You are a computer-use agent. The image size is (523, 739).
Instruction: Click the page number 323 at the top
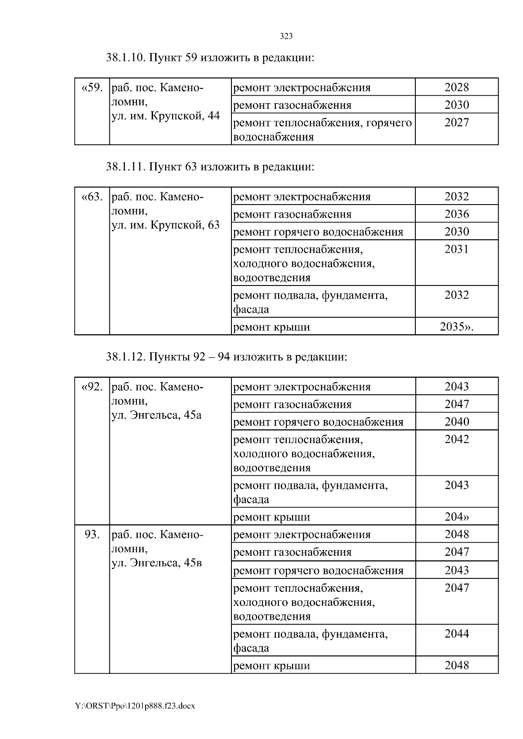(286, 37)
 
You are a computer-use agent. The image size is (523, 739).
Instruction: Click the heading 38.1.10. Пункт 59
(210, 57)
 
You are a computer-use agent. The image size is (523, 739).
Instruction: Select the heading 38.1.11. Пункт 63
(210, 167)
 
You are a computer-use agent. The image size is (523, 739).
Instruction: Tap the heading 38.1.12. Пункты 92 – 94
(226, 357)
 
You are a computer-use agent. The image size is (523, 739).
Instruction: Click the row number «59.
(92, 88)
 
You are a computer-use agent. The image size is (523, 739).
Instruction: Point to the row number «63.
(92, 197)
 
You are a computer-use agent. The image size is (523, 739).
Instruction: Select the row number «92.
(92, 387)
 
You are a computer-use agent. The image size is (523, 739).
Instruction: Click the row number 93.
(92, 534)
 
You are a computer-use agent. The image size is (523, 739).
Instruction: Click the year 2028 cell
(456, 87)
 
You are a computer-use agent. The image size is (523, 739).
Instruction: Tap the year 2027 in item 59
(456, 123)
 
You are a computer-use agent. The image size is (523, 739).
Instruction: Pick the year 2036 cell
(456, 214)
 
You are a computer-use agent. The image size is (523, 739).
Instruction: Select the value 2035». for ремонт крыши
(456, 326)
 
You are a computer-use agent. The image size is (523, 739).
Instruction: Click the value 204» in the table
(456, 517)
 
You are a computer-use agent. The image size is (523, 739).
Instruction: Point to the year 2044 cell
(456, 634)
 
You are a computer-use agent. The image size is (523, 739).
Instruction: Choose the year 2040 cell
(456, 422)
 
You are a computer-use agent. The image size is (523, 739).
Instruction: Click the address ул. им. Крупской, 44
(166, 116)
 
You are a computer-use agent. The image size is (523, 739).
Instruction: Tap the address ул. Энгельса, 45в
(156, 563)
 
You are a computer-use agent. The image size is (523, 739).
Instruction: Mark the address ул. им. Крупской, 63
(166, 225)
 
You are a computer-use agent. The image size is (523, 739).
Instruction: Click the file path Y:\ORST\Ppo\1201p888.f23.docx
(135, 706)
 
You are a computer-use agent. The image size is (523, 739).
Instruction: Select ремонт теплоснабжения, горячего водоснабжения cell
(322, 130)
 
